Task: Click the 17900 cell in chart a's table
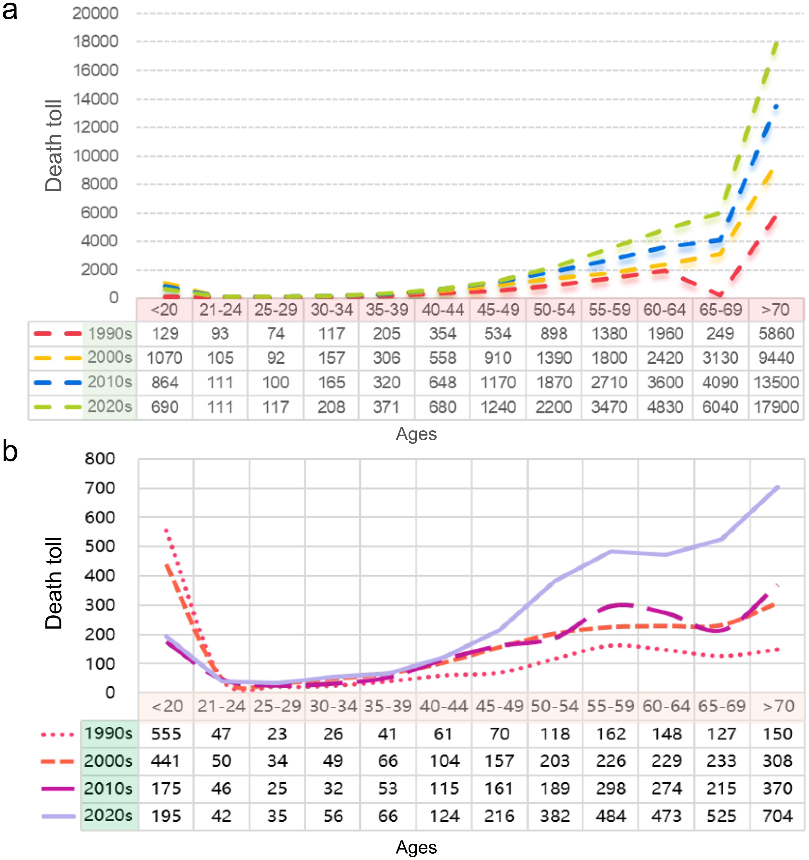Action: pyautogui.click(x=776, y=407)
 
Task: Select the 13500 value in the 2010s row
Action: pyautogui.click(x=776, y=383)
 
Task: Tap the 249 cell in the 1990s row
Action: pyautogui.click(x=720, y=333)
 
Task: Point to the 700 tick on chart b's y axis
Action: pyautogui.click(x=100, y=488)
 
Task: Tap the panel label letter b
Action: pyautogui.click(x=10, y=452)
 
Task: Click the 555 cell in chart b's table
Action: pyautogui.click(x=166, y=734)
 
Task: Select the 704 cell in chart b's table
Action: pyautogui.click(x=777, y=816)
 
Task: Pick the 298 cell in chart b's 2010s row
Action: pyautogui.click(x=611, y=789)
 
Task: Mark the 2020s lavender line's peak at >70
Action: pyautogui.click(x=778, y=488)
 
